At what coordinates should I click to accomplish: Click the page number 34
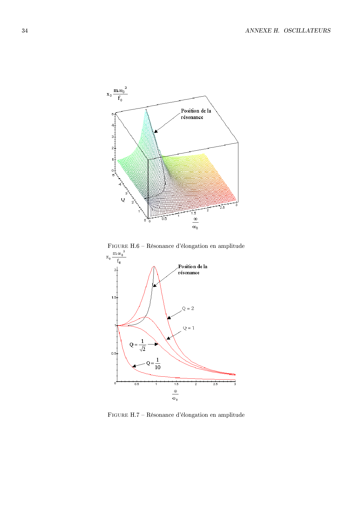[x=25, y=31]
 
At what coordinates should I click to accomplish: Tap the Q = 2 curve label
[x=188, y=308]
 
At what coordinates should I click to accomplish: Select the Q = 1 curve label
[x=189, y=328]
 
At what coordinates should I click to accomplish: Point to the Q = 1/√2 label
[x=138, y=345]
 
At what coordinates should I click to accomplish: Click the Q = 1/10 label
[x=154, y=364]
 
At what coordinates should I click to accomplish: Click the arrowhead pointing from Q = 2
[x=169, y=318]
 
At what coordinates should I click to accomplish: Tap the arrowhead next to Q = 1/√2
[x=156, y=344]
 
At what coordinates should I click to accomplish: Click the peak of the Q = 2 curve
[x=154, y=266]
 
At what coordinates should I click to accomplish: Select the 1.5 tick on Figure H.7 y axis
[x=114, y=298]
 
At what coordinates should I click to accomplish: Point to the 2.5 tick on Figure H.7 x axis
[x=215, y=384]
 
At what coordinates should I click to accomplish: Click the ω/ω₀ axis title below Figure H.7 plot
[x=175, y=395]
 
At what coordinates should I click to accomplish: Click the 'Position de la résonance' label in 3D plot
[x=196, y=114]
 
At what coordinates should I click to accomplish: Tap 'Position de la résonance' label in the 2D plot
[x=192, y=270]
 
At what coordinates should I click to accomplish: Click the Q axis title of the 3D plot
[x=123, y=200]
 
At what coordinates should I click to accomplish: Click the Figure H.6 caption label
[x=123, y=246]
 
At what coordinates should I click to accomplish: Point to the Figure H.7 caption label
[x=123, y=415]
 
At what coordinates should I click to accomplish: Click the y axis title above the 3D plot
[x=117, y=94]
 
